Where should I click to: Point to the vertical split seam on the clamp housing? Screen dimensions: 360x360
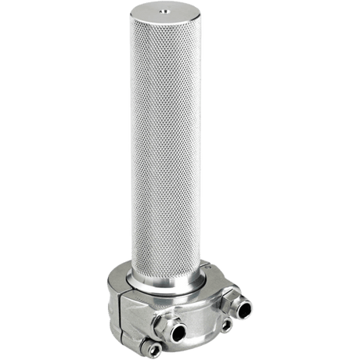pos(118,302)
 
